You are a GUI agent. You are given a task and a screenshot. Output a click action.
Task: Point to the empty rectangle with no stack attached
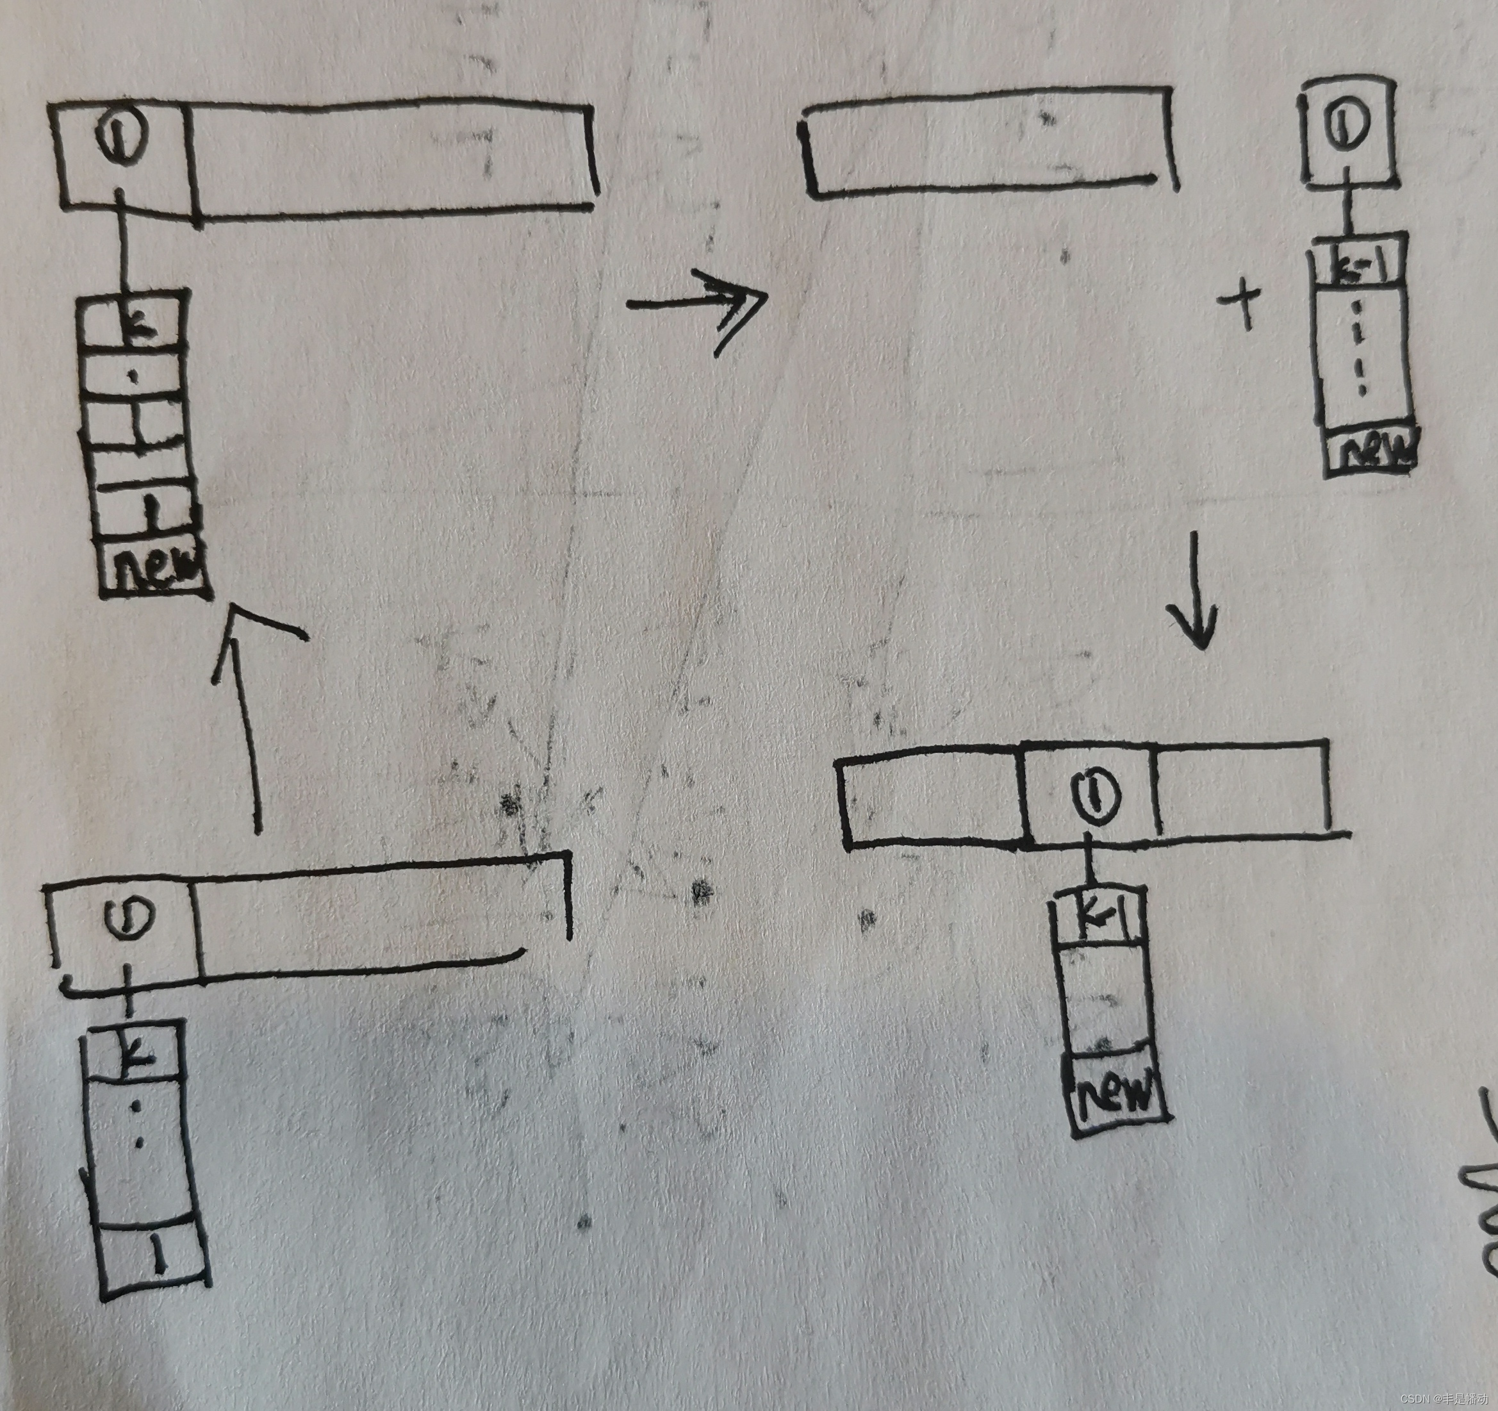click(x=987, y=143)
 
